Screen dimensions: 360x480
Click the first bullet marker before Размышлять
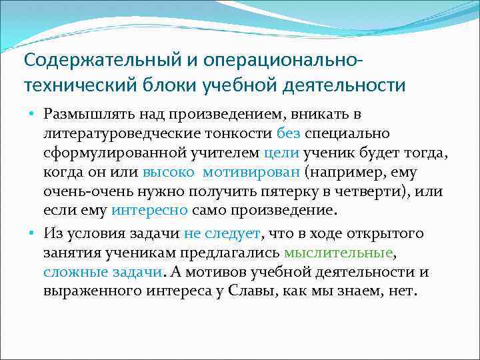coord(31,115)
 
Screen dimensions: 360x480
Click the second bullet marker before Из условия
coord(31,233)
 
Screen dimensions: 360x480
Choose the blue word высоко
coord(169,173)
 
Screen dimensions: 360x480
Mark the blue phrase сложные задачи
coord(102,271)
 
